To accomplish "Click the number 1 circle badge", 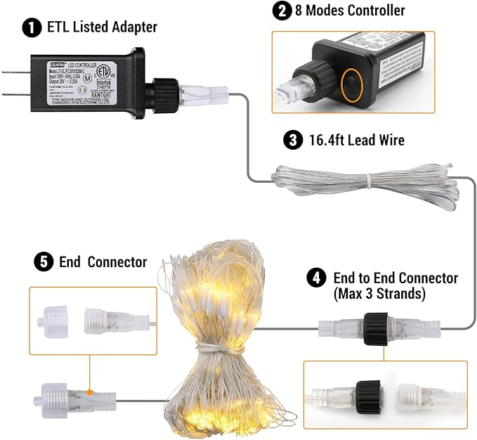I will [32, 28].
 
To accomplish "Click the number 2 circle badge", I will [282, 11].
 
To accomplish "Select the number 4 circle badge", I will [316, 278].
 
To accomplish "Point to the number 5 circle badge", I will [44, 262].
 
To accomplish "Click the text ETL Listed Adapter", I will [102, 28].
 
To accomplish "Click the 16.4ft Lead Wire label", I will [354, 141].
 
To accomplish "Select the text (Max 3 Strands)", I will [379, 294].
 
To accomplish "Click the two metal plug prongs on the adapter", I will [14, 79].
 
